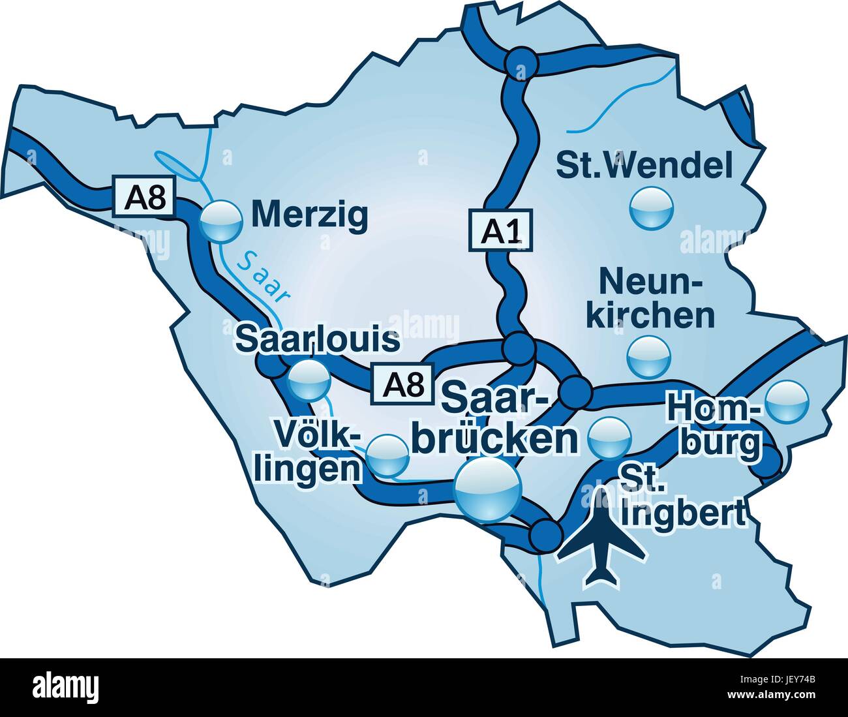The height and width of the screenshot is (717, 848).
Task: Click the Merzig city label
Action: pos(309,215)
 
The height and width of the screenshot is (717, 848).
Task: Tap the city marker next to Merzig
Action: pos(220,221)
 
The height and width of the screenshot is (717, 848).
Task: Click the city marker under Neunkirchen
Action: pos(648,356)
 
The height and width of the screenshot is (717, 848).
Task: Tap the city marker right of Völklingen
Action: pos(387,456)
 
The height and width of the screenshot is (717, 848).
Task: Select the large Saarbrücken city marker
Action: pos(488,489)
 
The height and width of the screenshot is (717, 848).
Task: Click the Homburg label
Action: pos(716,427)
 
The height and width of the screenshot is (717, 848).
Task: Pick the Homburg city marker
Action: pos(787,403)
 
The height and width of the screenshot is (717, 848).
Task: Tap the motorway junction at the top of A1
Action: pos(521,63)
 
